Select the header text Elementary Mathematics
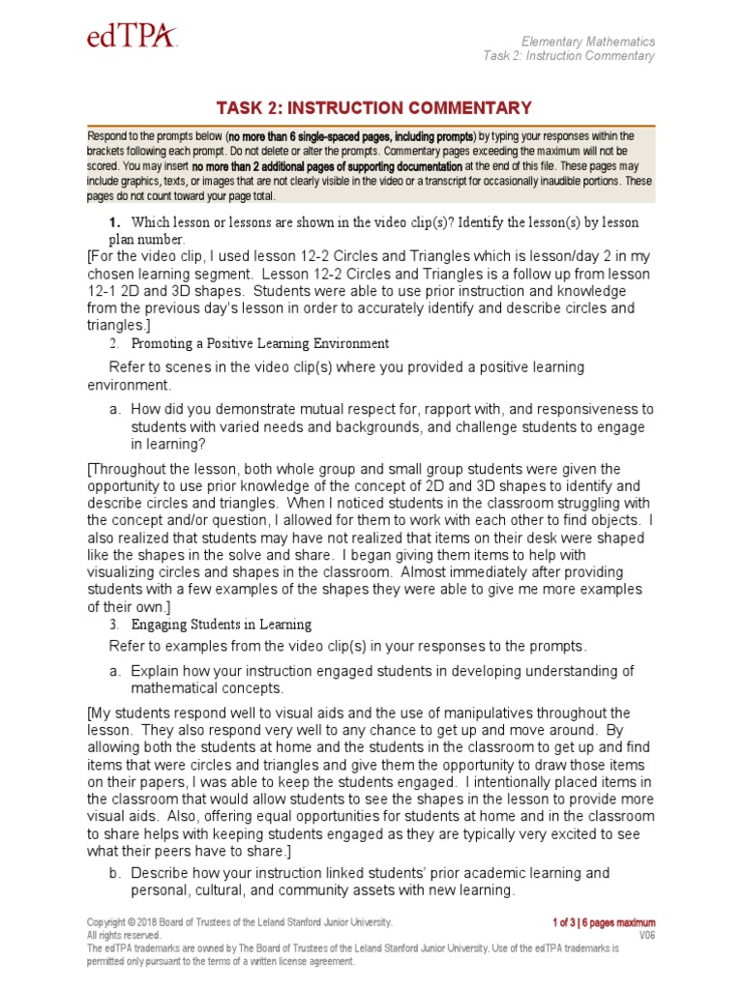point(588,42)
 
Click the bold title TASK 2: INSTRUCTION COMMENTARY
point(371,107)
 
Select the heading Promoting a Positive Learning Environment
point(259,343)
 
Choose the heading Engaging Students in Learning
point(222,625)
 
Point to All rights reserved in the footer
point(124,936)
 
